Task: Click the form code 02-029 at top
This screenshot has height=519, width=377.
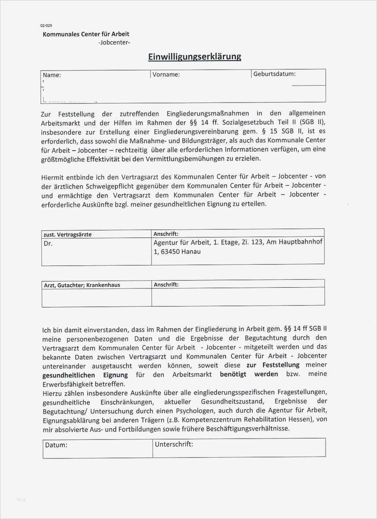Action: pos(46,26)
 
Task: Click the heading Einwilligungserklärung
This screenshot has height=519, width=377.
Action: pos(194,57)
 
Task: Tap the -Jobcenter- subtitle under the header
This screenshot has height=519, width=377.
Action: pos(114,42)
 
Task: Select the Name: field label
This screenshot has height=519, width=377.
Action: pos(52,75)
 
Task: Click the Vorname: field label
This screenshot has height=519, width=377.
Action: pos(166,74)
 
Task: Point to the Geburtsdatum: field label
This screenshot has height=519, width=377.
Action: pos(275,74)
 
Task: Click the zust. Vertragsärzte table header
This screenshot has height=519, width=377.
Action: pos(68,234)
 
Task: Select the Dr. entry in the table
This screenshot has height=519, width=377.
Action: pos(48,243)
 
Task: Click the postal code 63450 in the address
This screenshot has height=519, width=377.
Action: pos(171,251)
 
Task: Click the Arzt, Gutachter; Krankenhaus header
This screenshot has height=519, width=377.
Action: pos(82,285)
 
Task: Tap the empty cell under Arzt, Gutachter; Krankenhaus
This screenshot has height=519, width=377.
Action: pos(96,298)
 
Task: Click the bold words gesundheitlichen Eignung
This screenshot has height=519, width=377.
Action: pos(85,375)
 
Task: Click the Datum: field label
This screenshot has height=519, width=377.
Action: pos(56,445)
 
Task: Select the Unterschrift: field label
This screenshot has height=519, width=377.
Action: pos(174,444)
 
